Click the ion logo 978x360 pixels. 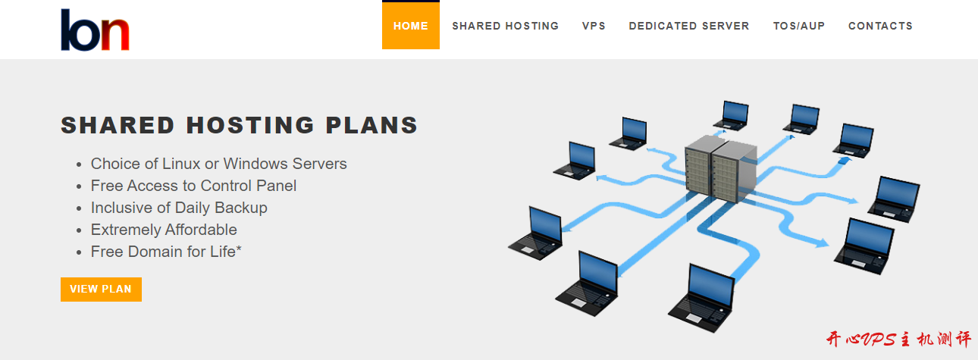click(95, 30)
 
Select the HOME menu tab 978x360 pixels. click(410, 26)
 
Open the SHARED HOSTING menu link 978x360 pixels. click(505, 26)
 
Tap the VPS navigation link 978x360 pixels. click(594, 26)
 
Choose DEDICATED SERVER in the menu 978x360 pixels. click(688, 26)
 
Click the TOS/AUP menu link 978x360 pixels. click(798, 26)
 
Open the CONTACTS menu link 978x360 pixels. click(880, 26)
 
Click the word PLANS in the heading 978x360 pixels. click(374, 125)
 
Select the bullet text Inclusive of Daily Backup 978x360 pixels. click(179, 208)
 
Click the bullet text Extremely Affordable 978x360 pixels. click(164, 230)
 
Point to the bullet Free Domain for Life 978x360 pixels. click(166, 252)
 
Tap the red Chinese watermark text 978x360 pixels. click(898, 340)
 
